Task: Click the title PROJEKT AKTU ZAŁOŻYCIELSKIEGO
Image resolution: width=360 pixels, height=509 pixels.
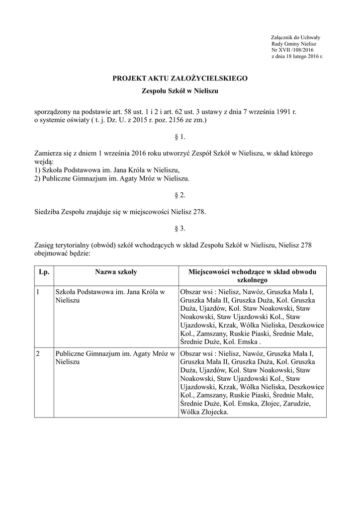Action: click(180, 79)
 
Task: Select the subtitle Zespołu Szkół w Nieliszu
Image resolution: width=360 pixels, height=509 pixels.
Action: click(180, 91)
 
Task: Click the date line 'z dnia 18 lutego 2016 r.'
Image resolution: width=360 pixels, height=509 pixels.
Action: click(297, 56)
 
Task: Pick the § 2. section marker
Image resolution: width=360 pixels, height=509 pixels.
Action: click(180, 195)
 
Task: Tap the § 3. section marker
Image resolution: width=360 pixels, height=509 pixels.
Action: click(180, 229)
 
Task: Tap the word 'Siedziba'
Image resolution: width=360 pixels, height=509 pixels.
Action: click(47, 212)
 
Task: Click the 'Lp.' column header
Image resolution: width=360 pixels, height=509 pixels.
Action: click(43, 272)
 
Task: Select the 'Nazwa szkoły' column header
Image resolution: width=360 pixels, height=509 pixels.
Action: click(116, 272)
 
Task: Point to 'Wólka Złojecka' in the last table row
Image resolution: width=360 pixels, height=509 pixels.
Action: click(204, 412)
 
